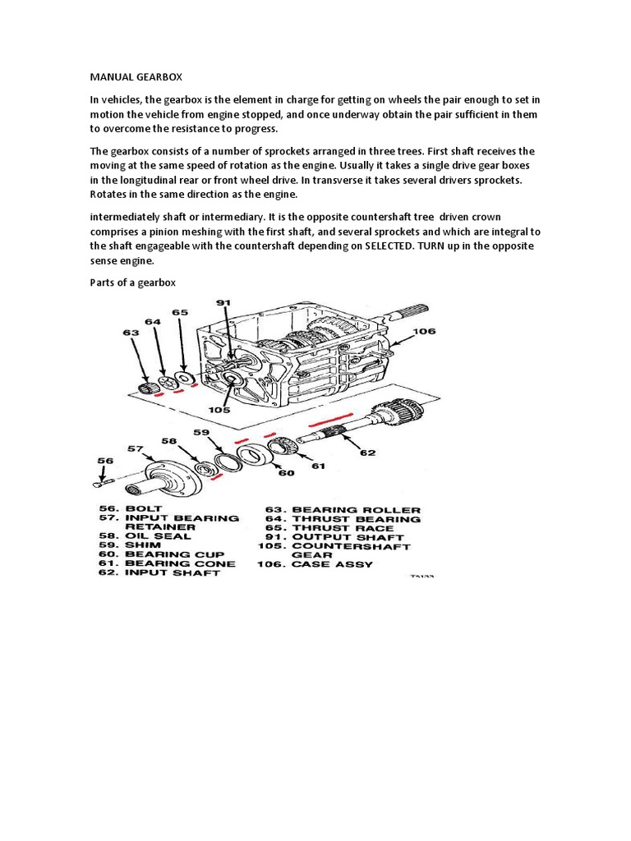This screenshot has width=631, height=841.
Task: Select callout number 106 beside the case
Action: (424, 332)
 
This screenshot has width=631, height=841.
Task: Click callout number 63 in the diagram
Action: (131, 333)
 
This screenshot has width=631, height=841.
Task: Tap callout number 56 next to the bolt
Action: (104, 461)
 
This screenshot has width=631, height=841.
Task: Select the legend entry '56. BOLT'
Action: (131, 509)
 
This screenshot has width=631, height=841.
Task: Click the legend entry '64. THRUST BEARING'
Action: (343, 519)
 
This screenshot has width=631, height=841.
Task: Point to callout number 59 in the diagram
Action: (202, 432)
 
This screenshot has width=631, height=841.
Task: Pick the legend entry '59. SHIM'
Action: (131, 545)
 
